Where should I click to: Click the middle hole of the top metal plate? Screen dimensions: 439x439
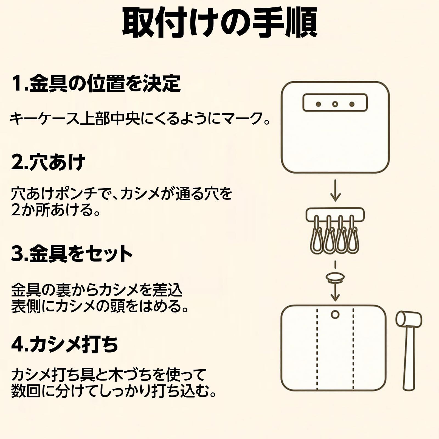[x=335, y=104]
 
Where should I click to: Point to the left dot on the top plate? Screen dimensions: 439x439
[x=318, y=104]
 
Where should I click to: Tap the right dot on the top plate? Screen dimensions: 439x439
[x=352, y=104]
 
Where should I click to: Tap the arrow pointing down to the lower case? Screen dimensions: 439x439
[x=335, y=294]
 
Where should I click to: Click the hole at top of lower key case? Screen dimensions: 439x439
[x=335, y=314]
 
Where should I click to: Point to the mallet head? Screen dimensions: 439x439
[x=409, y=320]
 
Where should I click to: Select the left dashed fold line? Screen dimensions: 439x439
[x=317, y=348]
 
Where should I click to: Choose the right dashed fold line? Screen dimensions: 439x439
[x=353, y=348]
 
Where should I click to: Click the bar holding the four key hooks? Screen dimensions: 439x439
[x=335, y=213]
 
